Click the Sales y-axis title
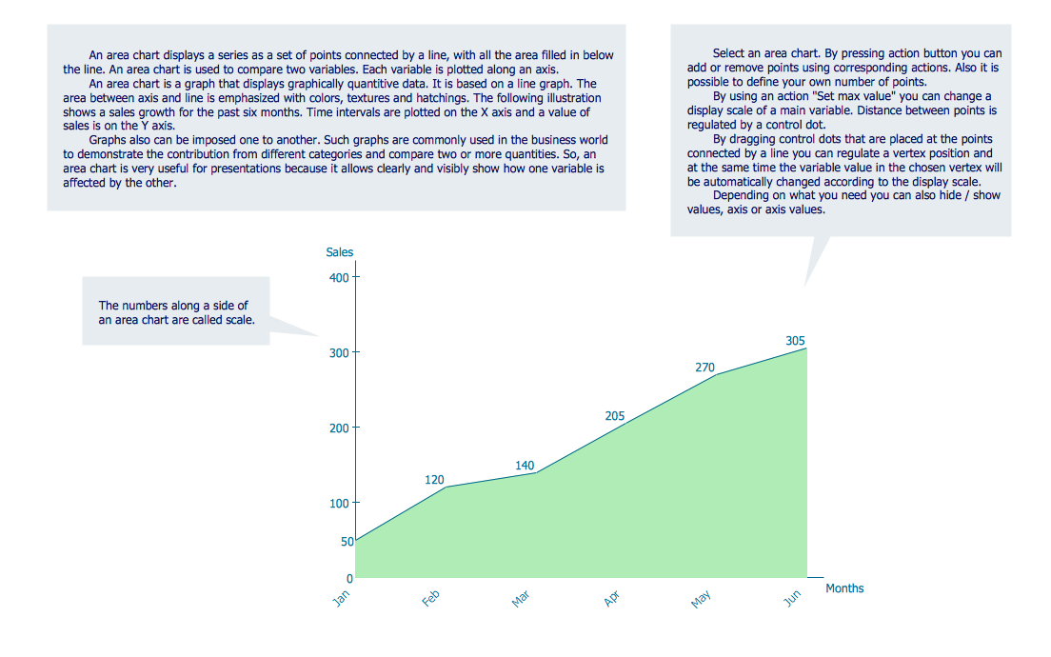pyautogui.click(x=340, y=252)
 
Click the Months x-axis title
pyautogui.click(x=844, y=588)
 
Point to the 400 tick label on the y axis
pyautogui.click(x=340, y=277)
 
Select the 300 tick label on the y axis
pyautogui.click(x=340, y=352)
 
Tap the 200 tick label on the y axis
pyautogui.click(x=340, y=428)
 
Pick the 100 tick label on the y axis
pyautogui.click(x=340, y=503)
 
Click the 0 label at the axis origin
pyautogui.click(x=349, y=578)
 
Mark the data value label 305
pyautogui.click(x=796, y=341)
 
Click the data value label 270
pyautogui.click(x=704, y=368)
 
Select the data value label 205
pyautogui.click(x=615, y=416)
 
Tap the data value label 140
pyautogui.click(x=525, y=466)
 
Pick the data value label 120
pyautogui.click(x=435, y=480)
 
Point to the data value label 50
pyautogui.click(x=347, y=542)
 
